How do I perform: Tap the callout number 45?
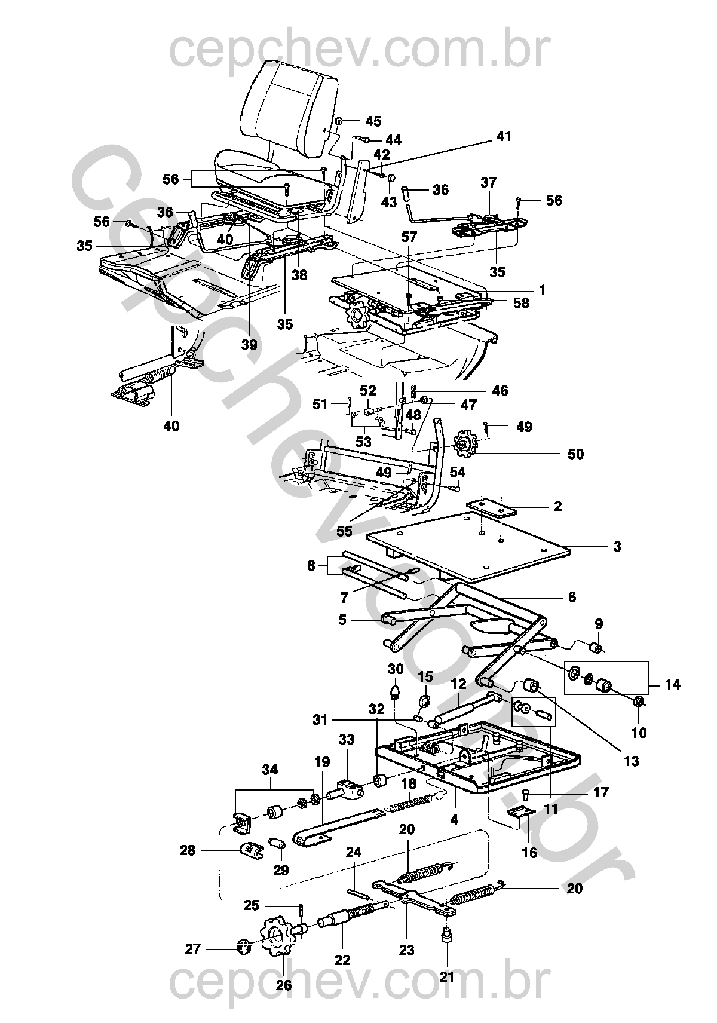coord(373,121)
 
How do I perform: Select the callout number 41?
coord(504,136)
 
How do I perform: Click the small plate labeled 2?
coord(491,507)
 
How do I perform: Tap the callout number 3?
coord(617,547)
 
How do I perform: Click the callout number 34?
coord(269,769)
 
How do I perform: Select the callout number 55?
coord(344,531)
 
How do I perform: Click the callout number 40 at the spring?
coord(171,426)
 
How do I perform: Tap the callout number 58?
coord(521,303)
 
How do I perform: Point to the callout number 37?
coord(488,183)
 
